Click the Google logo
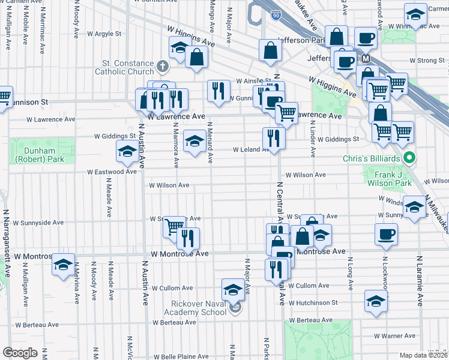coord(20,352)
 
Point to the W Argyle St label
coord(104,34)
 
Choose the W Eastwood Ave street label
coord(112,172)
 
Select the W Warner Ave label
coord(394,336)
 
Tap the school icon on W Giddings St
coord(193,142)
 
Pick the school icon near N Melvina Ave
coord(64,264)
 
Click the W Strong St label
coord(426,61)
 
